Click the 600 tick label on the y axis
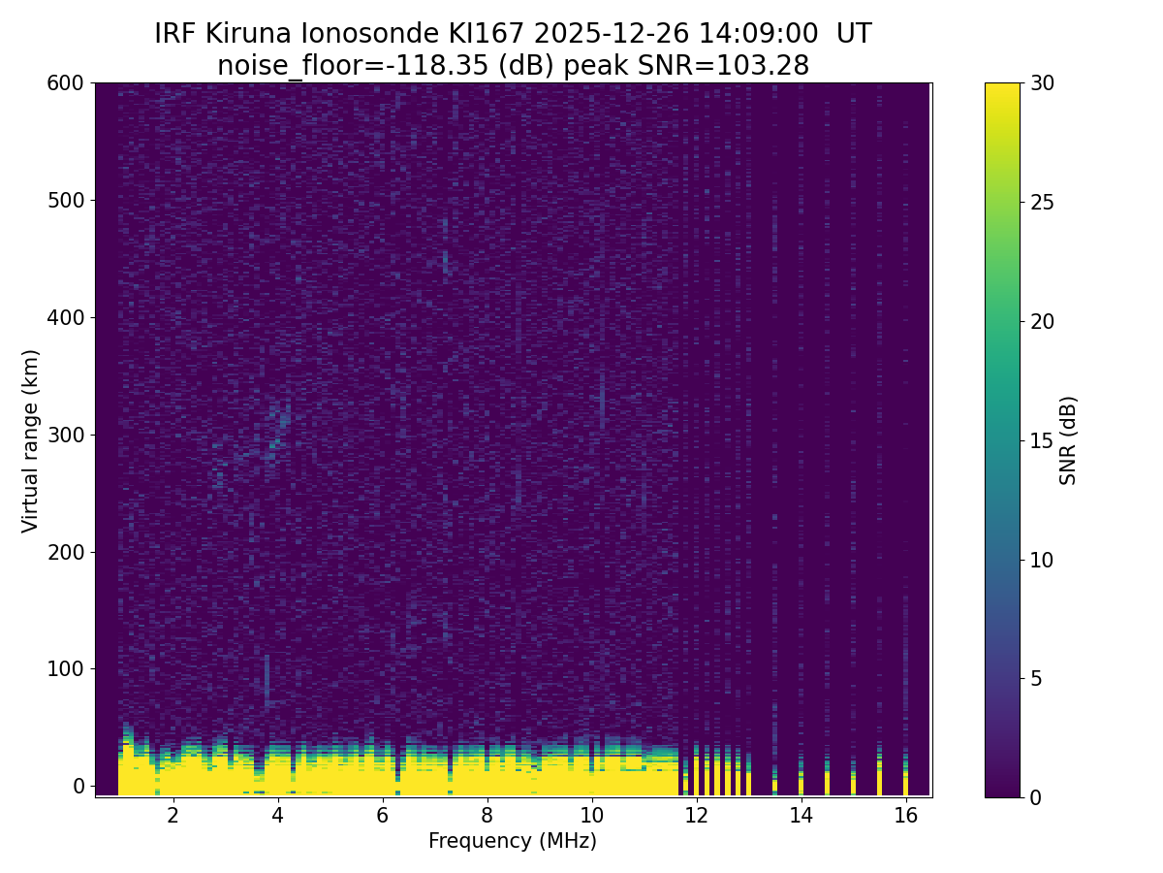tap(65, 83)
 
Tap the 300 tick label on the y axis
tap(65, 435)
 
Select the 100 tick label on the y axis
tap(65, 668)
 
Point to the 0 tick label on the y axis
tap(79, 786)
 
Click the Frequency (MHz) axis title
tap(513, 841)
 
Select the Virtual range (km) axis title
tap(31, 440)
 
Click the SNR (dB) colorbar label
tap(1068, 440)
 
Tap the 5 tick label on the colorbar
tap(1036, 678)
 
